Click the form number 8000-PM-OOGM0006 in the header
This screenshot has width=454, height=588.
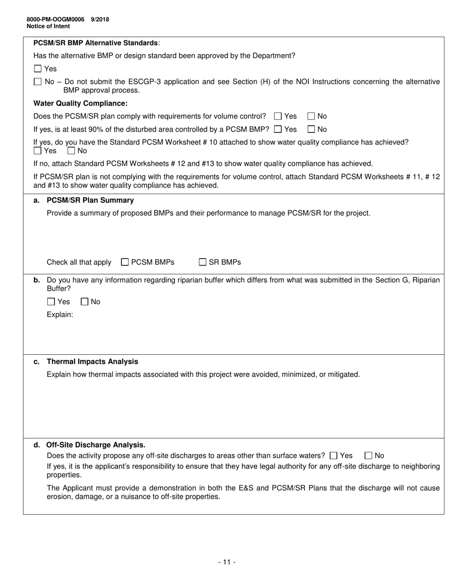point(55,20)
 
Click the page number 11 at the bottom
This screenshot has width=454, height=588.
point(227,562)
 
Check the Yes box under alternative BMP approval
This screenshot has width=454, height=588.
point(38,69)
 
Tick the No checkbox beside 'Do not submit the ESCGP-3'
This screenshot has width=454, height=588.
point(38,82)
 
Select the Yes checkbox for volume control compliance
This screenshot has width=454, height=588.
point(278,116)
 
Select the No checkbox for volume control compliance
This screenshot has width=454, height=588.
point(311,116)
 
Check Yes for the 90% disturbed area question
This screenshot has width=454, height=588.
point(278,129)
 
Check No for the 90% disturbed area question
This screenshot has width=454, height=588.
point(311,129)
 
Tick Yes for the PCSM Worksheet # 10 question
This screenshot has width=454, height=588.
point(38,151)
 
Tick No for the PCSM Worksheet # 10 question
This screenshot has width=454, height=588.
point(71,151)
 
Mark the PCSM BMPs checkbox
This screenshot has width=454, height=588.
point(125,262)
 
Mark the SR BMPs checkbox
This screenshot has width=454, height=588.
point(203,262)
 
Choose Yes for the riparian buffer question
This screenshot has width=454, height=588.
point(51,302)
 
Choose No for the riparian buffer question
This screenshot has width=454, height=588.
point(85,302)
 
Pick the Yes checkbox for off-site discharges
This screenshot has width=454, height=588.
point(334,456)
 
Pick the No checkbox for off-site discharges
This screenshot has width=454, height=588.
point(368,456)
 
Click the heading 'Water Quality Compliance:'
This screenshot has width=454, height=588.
point(80,103)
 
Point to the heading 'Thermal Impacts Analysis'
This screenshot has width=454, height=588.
point(92,361)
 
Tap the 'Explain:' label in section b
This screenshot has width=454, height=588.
point(60,315)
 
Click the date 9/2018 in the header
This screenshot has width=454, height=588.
point(100,20)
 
